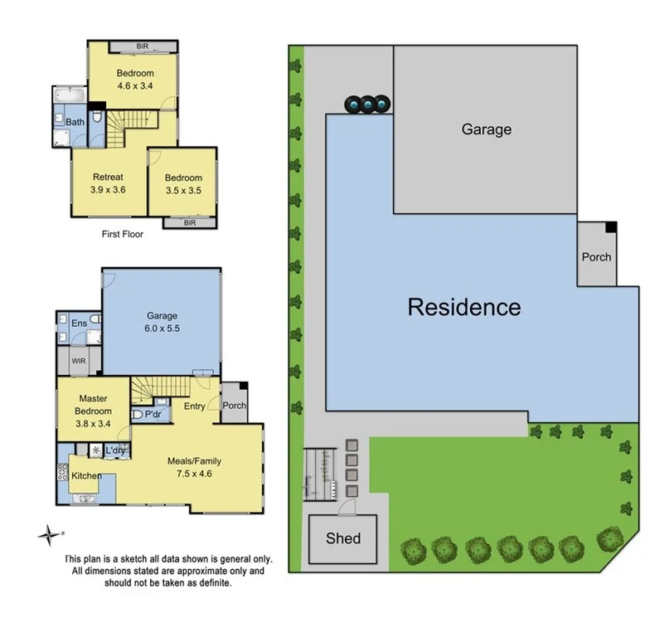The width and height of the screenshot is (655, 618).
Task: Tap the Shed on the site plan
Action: pos(342,538)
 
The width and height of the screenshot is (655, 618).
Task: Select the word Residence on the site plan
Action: pos(464,308)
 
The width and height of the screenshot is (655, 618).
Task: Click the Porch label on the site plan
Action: pos(595,256)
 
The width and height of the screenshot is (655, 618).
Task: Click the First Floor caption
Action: pos(122,234)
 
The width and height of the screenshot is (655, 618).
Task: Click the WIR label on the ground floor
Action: pos(79,361)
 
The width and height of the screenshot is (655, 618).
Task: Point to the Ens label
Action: pos(80,324)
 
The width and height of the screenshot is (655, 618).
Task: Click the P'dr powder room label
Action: pos(153,414)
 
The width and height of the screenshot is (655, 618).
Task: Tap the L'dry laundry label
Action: pos(115,450)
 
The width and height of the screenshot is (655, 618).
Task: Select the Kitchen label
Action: pos(86,475)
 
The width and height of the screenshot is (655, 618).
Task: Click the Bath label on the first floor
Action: pos(75,122)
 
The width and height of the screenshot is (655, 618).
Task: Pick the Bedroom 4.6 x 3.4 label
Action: pos(134,79)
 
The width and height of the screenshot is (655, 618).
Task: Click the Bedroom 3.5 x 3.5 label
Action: pos(182,184)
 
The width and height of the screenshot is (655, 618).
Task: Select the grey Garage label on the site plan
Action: pos(486,129)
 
